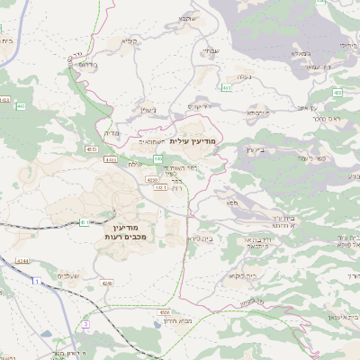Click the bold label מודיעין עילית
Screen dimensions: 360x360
point(194,141)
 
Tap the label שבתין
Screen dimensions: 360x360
point(210,50)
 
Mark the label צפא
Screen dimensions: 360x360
point(232,205)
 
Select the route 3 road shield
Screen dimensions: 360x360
point(85,322)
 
